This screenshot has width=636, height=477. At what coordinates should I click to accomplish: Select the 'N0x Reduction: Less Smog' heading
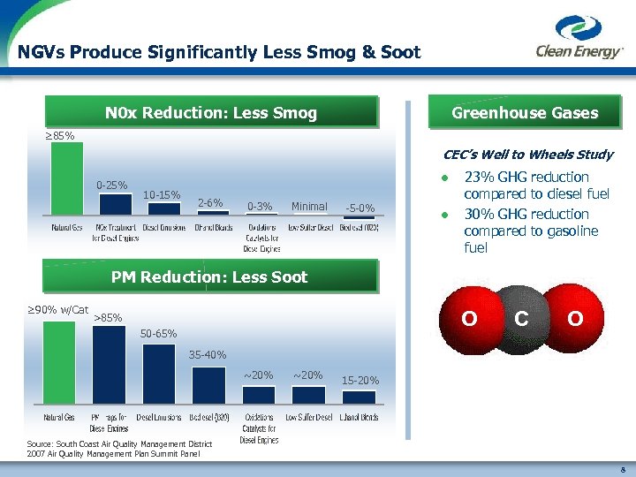pos(210,113)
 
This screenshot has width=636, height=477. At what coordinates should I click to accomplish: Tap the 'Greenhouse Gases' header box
pos(524,113)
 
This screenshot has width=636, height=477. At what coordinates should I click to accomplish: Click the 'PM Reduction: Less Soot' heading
pos(209,277)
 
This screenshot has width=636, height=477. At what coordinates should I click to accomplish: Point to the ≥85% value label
pos(60,136)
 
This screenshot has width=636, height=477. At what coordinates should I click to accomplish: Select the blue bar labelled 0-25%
pos(115,204)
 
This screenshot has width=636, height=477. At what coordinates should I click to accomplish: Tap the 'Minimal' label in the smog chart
pos(309,207)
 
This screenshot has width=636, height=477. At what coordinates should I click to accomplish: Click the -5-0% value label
pos(360,208)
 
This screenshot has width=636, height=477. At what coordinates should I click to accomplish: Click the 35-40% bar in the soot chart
pos(208,385)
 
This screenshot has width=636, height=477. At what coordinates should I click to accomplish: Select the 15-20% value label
pos(360,381)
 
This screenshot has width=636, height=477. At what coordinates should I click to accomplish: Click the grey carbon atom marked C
pos(521,318)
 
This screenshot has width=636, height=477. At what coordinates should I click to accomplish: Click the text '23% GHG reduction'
pos(526,178)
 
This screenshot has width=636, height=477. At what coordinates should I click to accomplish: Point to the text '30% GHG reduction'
pos(526,215)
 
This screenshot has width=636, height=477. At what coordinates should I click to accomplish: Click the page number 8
pos(624,470)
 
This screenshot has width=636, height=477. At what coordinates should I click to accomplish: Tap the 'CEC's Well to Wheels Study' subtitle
pos(528,155)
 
